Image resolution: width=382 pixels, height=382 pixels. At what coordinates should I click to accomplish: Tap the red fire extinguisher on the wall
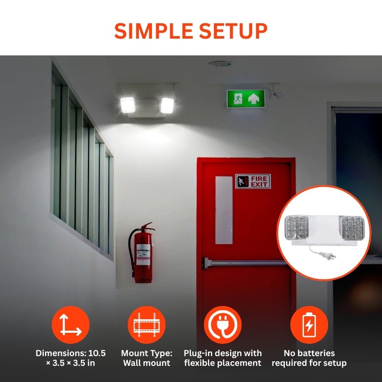coord(143,255)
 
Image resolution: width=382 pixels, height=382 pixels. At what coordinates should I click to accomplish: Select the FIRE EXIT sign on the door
coord(253,181)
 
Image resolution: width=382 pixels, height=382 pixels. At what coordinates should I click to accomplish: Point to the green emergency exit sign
coord(245,98)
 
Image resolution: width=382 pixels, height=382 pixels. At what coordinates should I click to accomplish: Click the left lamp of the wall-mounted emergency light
coord(128,105)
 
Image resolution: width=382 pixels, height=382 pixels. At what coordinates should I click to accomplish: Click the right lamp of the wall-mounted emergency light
coord(167,105)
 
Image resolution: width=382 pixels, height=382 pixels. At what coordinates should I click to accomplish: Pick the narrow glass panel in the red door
coord(224,210)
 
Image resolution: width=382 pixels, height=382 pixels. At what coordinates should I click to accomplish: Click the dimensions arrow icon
coord(70,325)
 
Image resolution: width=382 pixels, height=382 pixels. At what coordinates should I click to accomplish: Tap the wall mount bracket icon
coord(146,325)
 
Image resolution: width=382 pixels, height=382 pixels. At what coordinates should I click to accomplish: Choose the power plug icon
coord(222,325)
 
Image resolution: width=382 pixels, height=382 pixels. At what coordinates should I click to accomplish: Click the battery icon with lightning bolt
coord(309,325)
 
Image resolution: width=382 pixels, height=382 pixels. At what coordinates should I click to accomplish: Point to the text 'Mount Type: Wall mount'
coord(146,358)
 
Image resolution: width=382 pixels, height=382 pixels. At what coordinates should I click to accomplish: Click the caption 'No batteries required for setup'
coord(309,358)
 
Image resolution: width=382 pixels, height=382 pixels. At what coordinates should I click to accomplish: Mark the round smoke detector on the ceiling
coord(220,64)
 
